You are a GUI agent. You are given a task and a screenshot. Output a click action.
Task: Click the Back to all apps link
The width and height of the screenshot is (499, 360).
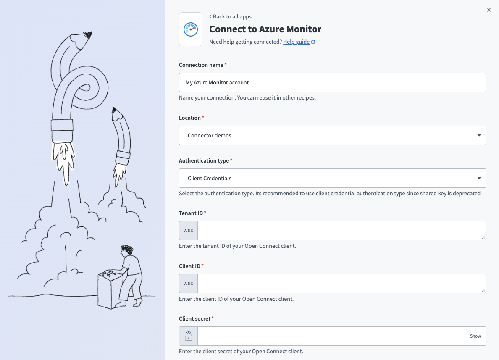(232, 16)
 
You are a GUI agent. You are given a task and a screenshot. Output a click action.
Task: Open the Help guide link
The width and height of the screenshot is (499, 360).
(296, 42)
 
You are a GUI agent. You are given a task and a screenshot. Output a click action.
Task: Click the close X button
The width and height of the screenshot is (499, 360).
(488, 10)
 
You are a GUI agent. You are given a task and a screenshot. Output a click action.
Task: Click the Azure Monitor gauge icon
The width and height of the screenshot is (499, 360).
(190, 29)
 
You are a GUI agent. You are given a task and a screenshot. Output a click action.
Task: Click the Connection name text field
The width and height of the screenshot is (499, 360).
(332, 82)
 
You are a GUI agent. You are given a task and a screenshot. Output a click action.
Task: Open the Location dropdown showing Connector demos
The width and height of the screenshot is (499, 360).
(332, 135)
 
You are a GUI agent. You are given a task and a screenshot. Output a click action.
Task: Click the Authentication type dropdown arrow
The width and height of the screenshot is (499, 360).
(479, 178)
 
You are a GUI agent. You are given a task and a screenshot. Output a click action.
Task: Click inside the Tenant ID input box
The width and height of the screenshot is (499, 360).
(341, 231)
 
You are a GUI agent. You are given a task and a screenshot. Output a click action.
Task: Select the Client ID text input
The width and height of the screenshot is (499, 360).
(341, 284)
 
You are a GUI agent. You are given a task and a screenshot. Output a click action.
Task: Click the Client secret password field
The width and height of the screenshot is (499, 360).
(332, 336)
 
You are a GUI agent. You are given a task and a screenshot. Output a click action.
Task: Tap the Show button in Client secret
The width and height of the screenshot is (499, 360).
(475, 336)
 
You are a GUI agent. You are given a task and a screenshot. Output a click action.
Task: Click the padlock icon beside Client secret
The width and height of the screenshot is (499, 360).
(189, 336)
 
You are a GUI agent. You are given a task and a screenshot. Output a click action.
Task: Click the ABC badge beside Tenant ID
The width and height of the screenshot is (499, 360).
(189, 231)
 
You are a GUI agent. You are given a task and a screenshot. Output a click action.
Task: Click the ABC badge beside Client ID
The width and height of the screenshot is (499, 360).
(189, 284)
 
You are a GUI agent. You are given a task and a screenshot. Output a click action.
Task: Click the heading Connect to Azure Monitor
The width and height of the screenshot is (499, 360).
(265, 29)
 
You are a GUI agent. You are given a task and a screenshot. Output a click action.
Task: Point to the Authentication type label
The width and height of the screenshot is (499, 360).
(204, 160)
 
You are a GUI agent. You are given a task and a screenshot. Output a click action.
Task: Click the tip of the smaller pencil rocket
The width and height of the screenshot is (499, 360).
(114, 110)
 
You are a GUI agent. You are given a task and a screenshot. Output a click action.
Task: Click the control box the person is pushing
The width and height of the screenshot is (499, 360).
(108, 290)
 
